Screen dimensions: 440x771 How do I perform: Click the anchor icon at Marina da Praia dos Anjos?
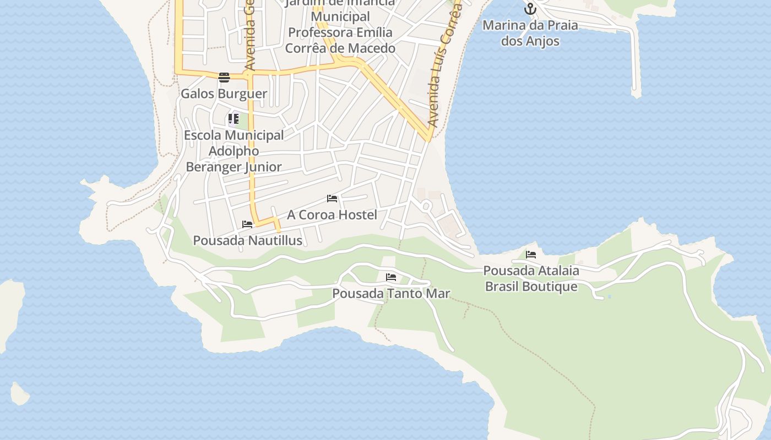530,9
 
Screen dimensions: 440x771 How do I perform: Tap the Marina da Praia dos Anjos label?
530,33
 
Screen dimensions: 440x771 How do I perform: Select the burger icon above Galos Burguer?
224,78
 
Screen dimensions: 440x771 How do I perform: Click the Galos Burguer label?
224,94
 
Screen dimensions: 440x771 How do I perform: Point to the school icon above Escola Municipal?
234,119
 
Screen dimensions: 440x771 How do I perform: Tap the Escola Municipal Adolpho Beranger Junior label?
234,151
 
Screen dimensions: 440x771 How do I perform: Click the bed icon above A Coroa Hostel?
332,199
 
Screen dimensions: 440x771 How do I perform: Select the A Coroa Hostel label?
332,215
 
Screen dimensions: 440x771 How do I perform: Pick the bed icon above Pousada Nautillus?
247,224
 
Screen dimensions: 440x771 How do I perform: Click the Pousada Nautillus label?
247,240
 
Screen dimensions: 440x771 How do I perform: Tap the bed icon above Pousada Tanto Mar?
391,277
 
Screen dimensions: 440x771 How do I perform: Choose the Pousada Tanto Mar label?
391,293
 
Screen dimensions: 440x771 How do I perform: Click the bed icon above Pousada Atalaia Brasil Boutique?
531,255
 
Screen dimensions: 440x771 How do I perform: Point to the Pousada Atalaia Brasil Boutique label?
531,278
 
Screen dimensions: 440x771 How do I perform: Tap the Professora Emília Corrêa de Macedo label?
340,40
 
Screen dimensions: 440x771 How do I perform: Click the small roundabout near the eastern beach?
426,206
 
